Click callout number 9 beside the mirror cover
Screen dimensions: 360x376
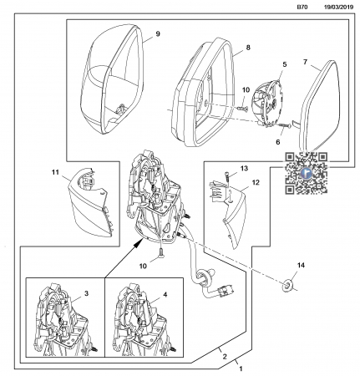[158, 34]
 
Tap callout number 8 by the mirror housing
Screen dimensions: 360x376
[248, 48]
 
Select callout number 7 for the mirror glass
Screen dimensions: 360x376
[305, 62]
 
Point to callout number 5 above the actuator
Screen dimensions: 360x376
[285, 64]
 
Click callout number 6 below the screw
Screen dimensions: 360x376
[278, 142]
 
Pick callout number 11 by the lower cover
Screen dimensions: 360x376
[55, 172]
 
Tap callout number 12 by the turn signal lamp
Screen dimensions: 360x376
[256, 182]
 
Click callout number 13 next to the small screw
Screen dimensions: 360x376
[244, 169]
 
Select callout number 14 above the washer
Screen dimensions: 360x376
[301, 265]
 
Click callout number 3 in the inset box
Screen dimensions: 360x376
[86, 293]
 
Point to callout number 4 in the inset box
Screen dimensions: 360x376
[165, 294]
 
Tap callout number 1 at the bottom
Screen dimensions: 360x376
[241, 369]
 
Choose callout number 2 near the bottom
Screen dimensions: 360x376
[225, 357]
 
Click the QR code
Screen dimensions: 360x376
[307, 173]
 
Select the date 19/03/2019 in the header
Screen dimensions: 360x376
[338, 8]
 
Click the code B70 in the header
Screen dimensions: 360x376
[302, 8]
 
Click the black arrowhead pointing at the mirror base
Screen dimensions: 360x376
[138, 244]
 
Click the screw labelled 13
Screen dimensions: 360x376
[227, 177]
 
